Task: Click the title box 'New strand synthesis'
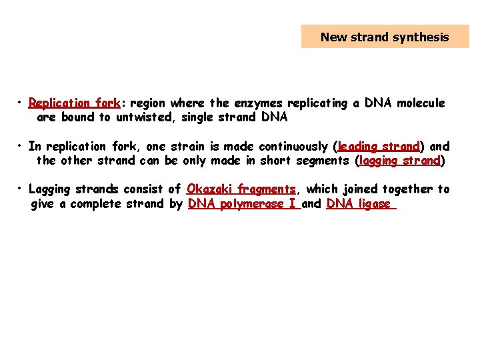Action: click(x=385, y=37)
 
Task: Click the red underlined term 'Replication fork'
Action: click(x=74, y=103)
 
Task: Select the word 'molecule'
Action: click(x=421, y=103)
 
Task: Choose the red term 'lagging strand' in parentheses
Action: click(x=400, y=161)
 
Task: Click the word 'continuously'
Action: click(x=293, y=146)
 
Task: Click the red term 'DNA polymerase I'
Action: click(x=243, y=204)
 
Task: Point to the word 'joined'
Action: click(x=361, y=189)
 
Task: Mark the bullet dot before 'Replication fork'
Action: click(x=22, y=103)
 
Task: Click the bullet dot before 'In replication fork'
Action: click(x=22, y=145)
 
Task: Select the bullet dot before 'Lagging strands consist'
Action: click(x=22, y=189)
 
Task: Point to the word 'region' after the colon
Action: click(x=148, y=103)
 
